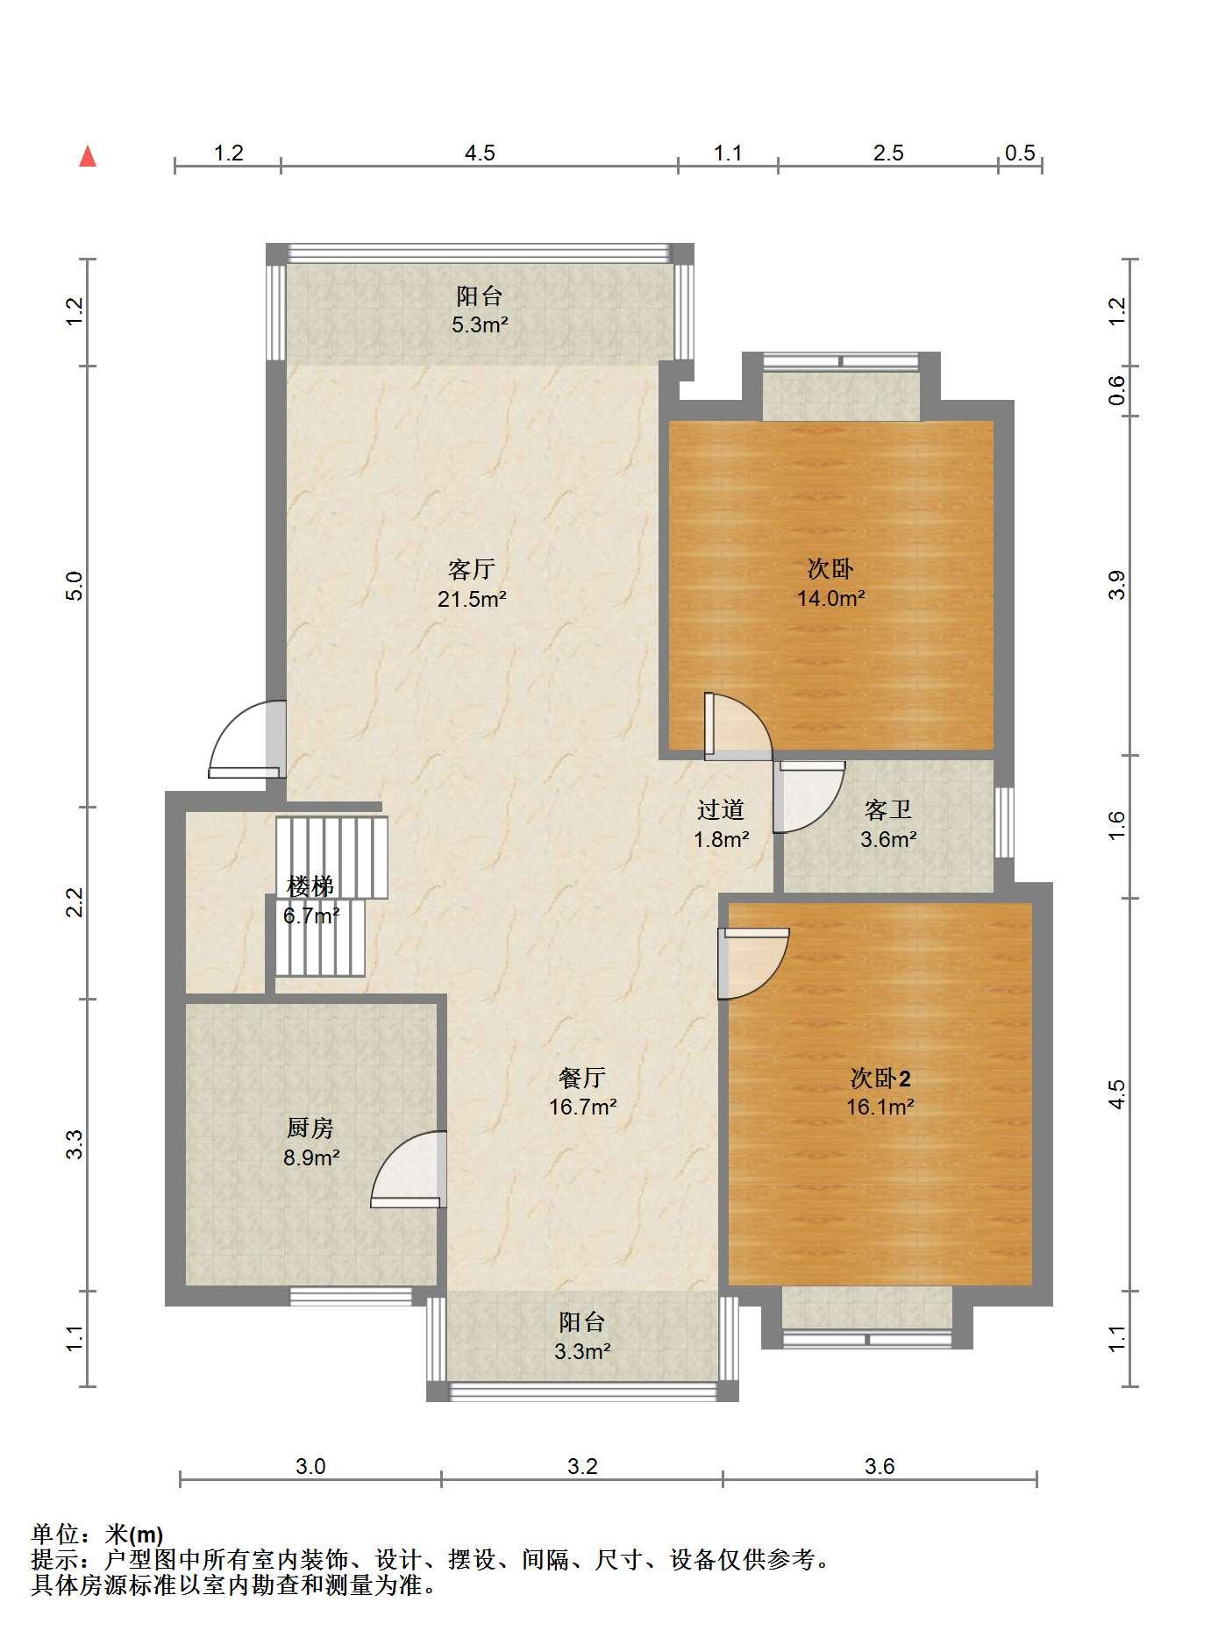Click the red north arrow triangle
pyautogui.click(x=88, y=157)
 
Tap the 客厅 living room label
pyautogui.click(x=472, y=570)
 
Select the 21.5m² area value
pyautogui.click(x=473, y=600)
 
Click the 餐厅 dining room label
pyautogui.click(x=582, y=1077)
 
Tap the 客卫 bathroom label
pyautogui.click(x=888, y=809)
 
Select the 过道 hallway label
pyautogui.click(x=721, y=809)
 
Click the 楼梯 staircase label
pyautogui.click(x=310, y=886)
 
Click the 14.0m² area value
pyautogui.click(x=831, y=600)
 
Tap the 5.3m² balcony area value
pyautogui.click(x=480, y=325)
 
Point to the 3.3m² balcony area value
pyautogui.click(x=582, y=1351)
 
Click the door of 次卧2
pyautogui.click(x=753, y=963)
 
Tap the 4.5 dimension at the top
pyautogui.click(x=480, y=153)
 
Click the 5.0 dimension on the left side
pyautogui.click(x=75, y=586)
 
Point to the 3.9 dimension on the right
pyautogui.click(x=1116, y=585)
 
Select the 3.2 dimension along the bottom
pyautogui.click(x=582, y=1466)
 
